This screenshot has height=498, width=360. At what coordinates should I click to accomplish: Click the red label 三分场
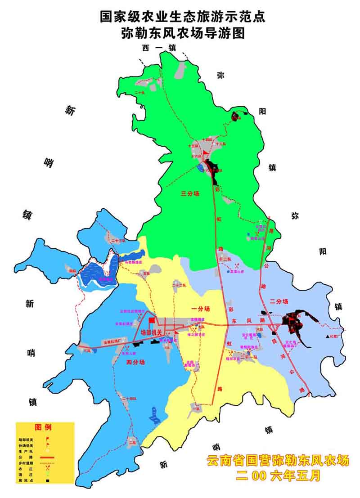[x=190, y=194]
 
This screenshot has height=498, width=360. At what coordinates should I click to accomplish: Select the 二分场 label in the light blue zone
[x=279, y=301]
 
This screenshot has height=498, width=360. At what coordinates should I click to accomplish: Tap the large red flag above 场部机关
[x=151, y=320]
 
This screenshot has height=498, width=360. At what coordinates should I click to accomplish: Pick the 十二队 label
[x=225, y=259]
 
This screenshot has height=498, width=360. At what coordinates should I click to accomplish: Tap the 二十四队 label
[x=129, y=399]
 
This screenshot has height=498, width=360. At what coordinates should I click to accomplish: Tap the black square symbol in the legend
[x=47, y=481]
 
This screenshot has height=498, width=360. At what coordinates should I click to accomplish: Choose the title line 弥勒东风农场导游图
[x=183, y=34]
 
